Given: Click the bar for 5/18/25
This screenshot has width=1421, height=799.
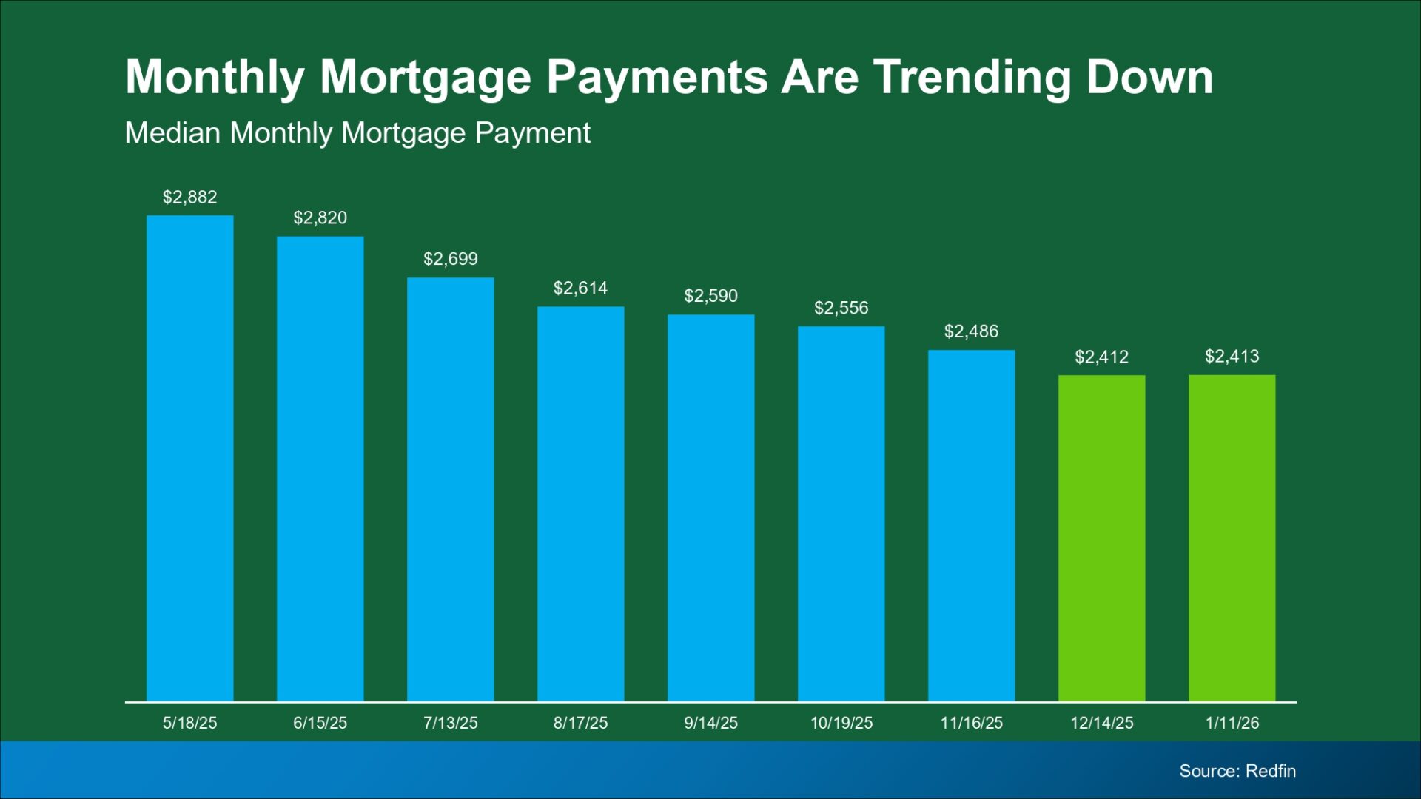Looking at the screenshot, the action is coord(190,458).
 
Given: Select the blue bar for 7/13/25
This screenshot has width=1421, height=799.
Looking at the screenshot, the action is coord(451,489).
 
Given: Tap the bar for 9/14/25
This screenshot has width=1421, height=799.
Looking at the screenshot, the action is coord(711,508).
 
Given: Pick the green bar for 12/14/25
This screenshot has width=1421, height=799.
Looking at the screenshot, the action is coord(1102,538).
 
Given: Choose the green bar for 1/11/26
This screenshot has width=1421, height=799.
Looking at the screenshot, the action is coord(1232,538).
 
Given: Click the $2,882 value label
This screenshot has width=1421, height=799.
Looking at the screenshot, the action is coord(190,197).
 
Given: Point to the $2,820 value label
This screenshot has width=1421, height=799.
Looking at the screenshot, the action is coord(320,218).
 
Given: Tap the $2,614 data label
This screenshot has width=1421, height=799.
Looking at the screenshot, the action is coord(581,288).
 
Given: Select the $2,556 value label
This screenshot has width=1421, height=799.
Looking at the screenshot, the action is coord(841,308).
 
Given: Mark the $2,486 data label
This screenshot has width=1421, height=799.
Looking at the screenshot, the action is coord(972,331).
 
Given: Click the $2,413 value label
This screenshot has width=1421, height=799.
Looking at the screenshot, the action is coord(1232,357).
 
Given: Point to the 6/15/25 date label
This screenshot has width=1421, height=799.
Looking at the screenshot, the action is coord(320,723).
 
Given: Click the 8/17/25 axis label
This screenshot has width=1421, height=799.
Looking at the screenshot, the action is coord(581,723).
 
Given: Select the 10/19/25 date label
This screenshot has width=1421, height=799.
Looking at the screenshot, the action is coord(841,723).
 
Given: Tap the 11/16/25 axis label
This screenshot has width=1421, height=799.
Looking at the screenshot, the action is coord(972,723).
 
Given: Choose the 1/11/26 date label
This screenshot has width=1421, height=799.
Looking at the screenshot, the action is coord(1232,723).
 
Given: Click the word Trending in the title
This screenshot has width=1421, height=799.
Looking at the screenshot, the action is coord(972,78).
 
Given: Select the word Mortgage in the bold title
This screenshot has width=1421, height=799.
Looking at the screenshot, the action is coord(426,78).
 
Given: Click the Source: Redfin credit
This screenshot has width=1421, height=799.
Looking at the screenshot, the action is coord(1237,771).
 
